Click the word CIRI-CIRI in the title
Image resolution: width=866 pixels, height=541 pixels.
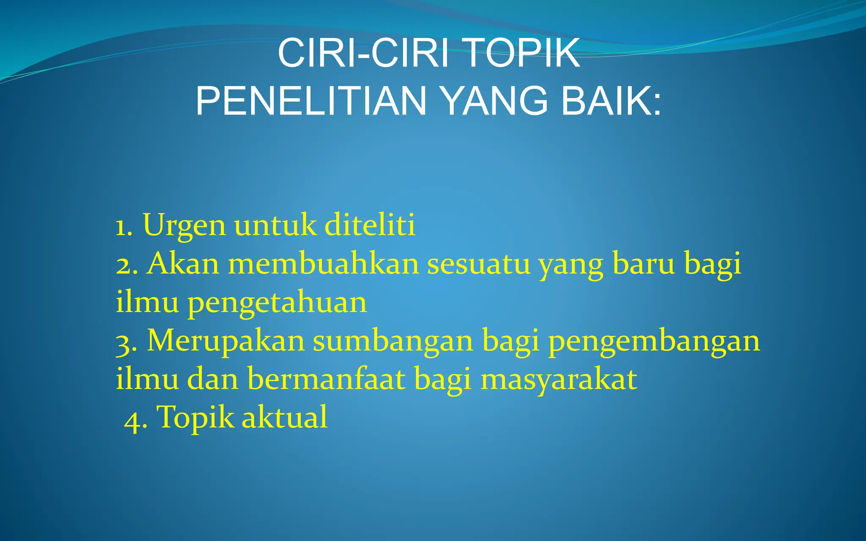pos(363,53)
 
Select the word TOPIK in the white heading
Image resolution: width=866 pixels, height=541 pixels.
pos(522,53)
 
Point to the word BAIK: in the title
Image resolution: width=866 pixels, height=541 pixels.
pos(611,101)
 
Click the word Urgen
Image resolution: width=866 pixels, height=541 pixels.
pos(184,226)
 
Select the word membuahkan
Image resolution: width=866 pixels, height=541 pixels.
pos(323,263)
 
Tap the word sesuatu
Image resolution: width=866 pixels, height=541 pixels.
pos(478,264)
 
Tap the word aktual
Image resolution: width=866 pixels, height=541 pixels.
pos(284,417)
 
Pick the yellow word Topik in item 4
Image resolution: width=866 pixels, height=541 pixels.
pos(195,418)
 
